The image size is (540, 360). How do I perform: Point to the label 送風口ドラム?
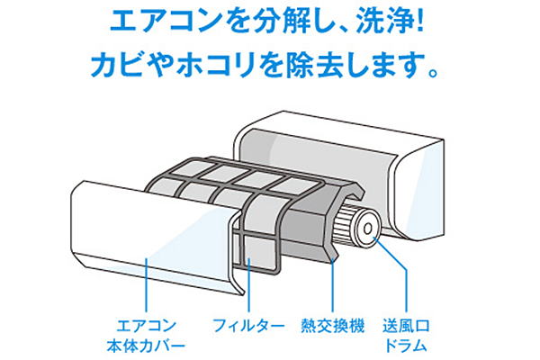(x=407, y=333)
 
